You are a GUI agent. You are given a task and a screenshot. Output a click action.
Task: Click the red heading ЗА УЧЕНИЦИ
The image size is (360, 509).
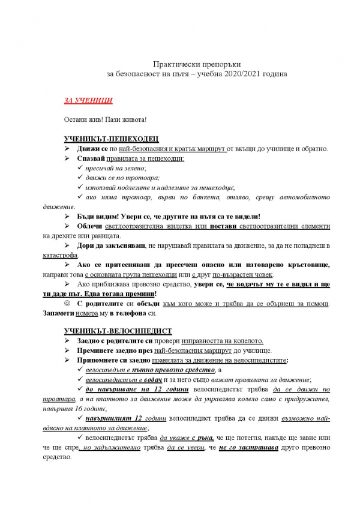[x=88, y=100]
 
